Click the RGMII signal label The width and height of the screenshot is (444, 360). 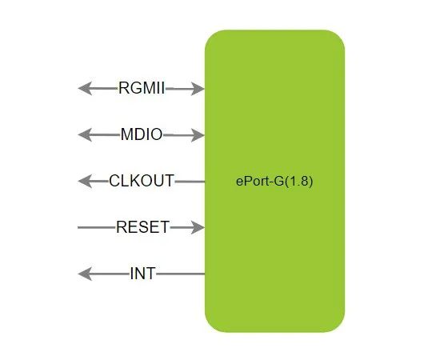[142, 88]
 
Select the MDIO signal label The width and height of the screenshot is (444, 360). [142, 134]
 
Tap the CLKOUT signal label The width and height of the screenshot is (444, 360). [142, 181]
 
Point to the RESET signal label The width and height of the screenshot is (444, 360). [142, 227]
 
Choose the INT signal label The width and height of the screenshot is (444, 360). [142, 274]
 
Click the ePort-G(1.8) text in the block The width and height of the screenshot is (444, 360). [274, 182]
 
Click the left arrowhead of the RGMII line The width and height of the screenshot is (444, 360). [85, 88]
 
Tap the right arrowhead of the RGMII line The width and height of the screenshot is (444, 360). [198, 89]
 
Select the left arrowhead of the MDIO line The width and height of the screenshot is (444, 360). [85, 135]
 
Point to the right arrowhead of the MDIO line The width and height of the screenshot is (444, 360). [198, 135]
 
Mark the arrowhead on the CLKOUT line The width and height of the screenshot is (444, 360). [85, 182]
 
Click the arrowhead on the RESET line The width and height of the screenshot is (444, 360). [198, 227]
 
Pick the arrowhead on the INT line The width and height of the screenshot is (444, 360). [85, 274]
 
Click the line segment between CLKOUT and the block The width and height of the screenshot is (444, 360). [190, 182]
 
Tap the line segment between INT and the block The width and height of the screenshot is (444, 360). [181, 274]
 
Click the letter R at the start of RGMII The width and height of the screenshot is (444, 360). [123, 88]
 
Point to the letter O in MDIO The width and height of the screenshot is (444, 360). [157, 134]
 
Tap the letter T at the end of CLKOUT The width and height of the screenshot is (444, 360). [169, 181]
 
